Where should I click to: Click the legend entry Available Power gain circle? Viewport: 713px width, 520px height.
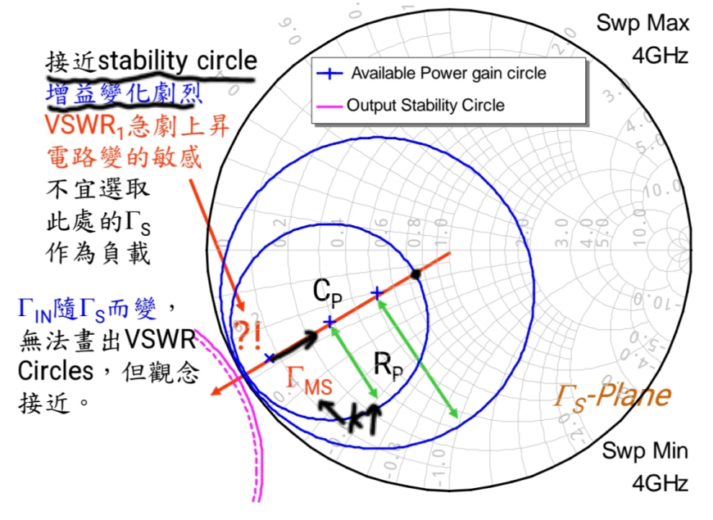point(448,74)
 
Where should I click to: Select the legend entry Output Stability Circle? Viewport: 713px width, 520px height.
point(425,105)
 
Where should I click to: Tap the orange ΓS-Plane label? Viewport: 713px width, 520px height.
point(612,396)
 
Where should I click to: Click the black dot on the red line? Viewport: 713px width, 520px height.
point(416,274)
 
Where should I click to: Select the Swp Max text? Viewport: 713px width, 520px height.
point(643,23)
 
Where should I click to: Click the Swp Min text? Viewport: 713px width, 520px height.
point(646,450)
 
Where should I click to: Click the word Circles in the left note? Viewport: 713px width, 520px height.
point(55,371)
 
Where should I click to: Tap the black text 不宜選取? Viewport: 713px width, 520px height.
point(96,189)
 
